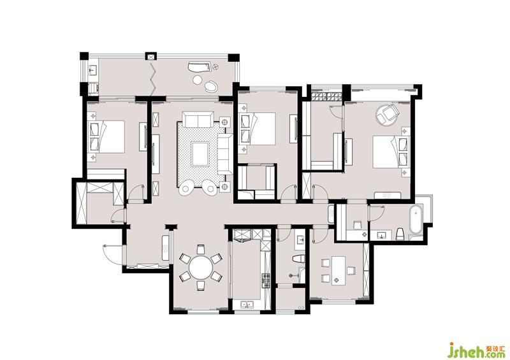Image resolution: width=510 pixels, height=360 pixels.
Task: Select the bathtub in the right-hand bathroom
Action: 416,219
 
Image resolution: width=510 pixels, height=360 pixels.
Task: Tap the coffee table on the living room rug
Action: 200,154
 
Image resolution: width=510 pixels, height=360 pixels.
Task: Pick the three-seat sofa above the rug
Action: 198,119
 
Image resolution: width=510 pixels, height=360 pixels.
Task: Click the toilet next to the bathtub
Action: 400,234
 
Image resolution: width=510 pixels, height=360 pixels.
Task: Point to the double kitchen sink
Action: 247,305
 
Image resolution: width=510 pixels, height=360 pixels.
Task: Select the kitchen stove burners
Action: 266,281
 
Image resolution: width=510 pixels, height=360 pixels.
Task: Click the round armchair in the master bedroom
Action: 387,114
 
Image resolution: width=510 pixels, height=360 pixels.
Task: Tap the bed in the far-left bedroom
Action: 106,136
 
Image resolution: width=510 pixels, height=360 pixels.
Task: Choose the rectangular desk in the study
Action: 339,271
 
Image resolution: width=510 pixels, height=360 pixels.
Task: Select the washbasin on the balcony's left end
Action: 92,70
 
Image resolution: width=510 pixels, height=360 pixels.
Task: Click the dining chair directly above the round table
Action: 201,249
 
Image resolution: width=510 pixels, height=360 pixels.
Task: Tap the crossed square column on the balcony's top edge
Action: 151,57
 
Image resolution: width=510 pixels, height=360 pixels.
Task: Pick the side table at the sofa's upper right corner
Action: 225,122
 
